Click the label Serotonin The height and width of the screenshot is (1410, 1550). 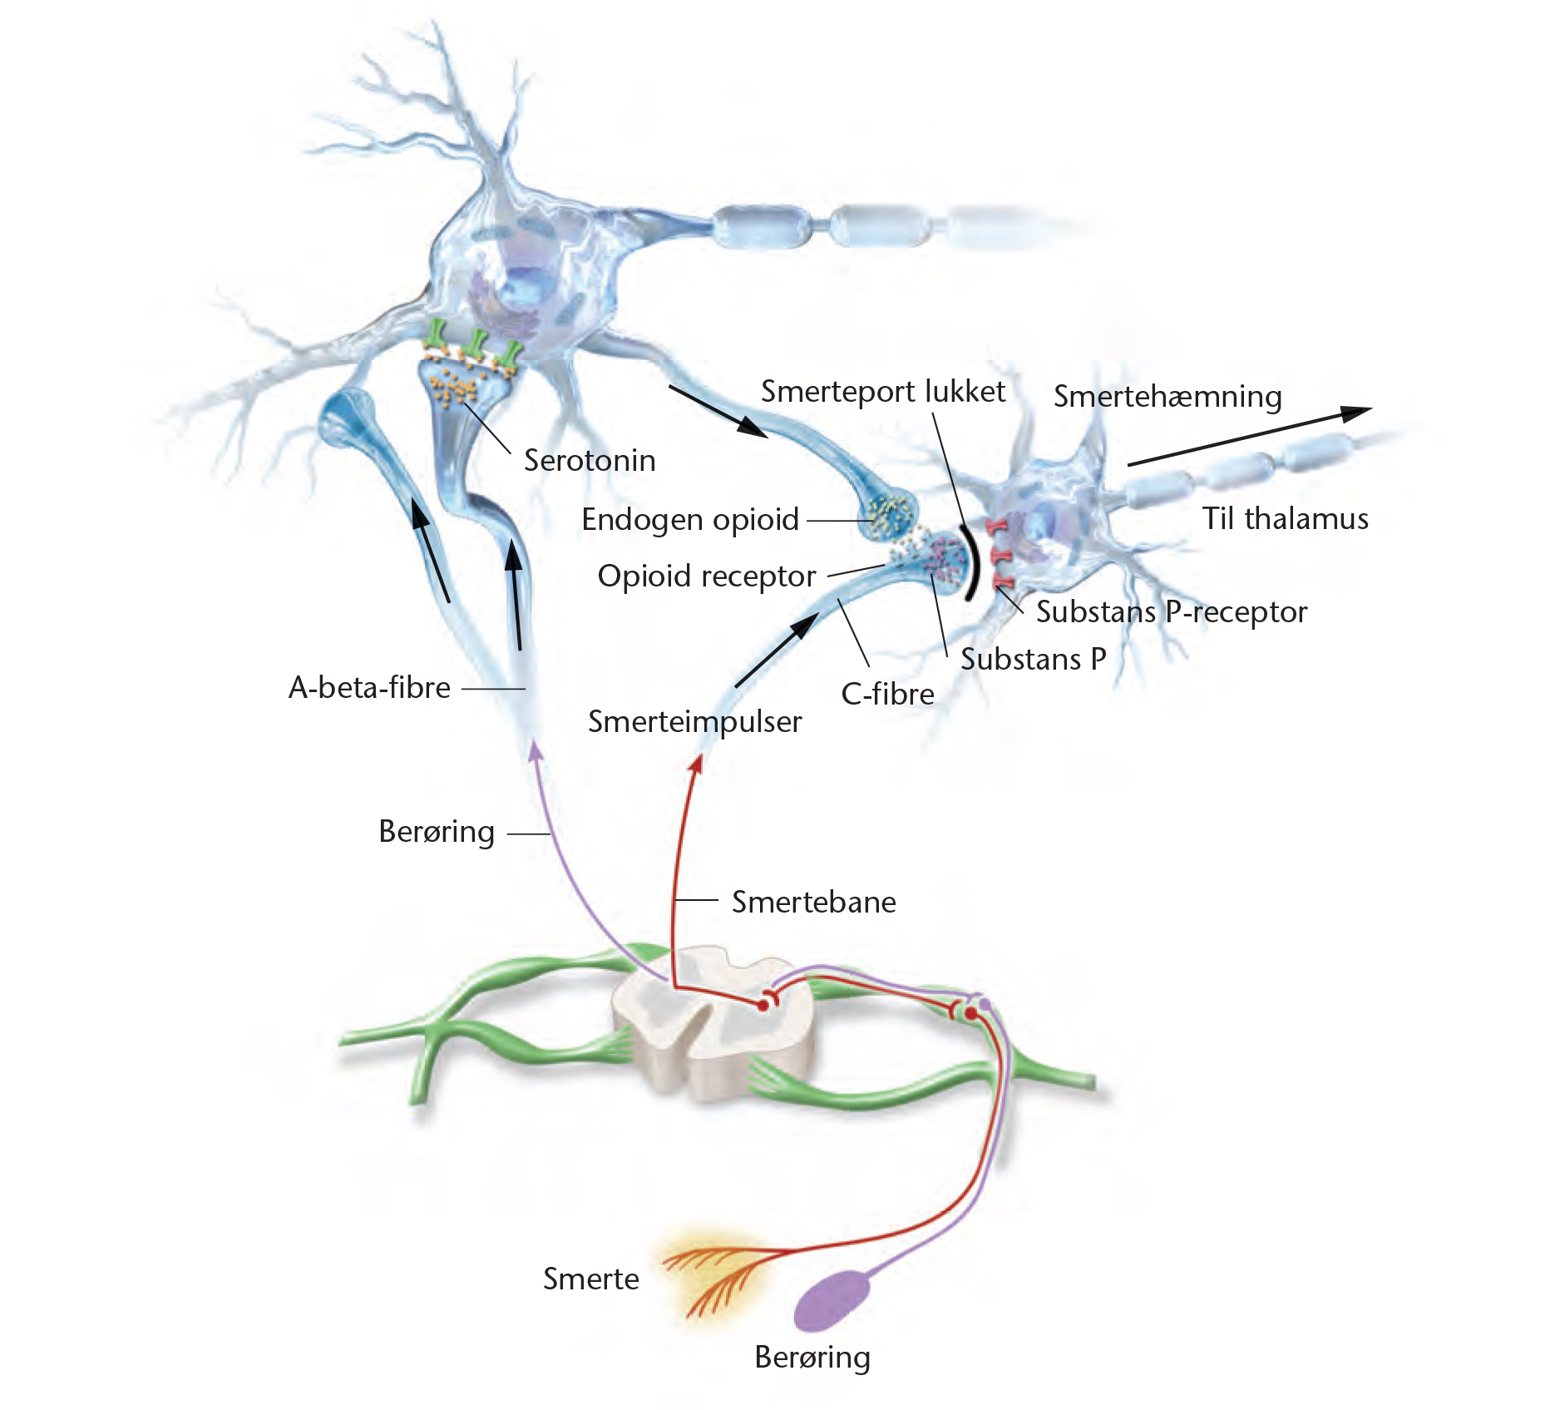pyautogui.click(x=590, y=460)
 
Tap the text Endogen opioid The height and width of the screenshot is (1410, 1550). pyautogui.click(x=689, y=519)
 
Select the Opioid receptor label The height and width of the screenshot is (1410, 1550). pyautogui.click(x=706, y=576)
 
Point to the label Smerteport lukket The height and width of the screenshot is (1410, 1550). pyautogui.click(x=882, y=391)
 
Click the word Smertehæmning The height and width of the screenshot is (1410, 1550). pyautogui.click(x=1167, y=396)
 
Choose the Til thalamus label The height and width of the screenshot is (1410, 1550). pyautogui.click(x=1285, y=518)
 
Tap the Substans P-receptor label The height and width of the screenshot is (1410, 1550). pyautogui.click(x=1171, y=611)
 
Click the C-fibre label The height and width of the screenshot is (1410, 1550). pyautogui.click(x=887, y=693)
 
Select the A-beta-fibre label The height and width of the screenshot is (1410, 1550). pyautogui.click(x=369, y=687)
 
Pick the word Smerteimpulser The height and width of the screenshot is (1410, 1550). pyautogui.click(x=694, y=721)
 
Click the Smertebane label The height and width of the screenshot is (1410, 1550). pyautogui.click(x=813, y=902)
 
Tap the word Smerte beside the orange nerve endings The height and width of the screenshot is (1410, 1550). pyautogui.click(x=590, y=1279)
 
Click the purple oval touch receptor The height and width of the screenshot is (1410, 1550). pyautogui.click(x=832, y=1299)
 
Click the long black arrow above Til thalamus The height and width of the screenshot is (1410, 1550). pyautogui.click(x=1247, y=436)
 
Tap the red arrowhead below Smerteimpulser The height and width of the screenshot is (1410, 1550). pyautogui.click(x=696, y=763)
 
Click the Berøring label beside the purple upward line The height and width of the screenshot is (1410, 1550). pyautogui.click(x=436, y=831)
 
